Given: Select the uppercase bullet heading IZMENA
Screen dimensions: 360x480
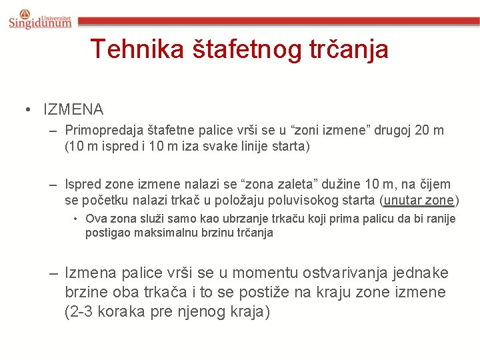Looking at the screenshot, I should point(73,109).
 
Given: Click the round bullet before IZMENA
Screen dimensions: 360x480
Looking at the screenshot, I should point(29,109).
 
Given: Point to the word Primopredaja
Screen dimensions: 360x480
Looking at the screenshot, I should point(103,130).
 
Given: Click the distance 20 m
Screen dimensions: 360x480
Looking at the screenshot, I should point(428,130).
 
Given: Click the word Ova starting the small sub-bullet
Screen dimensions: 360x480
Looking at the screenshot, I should point(95,219).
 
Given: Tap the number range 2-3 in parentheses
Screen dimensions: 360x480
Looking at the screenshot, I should point(82,311).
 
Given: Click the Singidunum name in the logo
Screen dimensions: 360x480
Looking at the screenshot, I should point(41,23).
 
